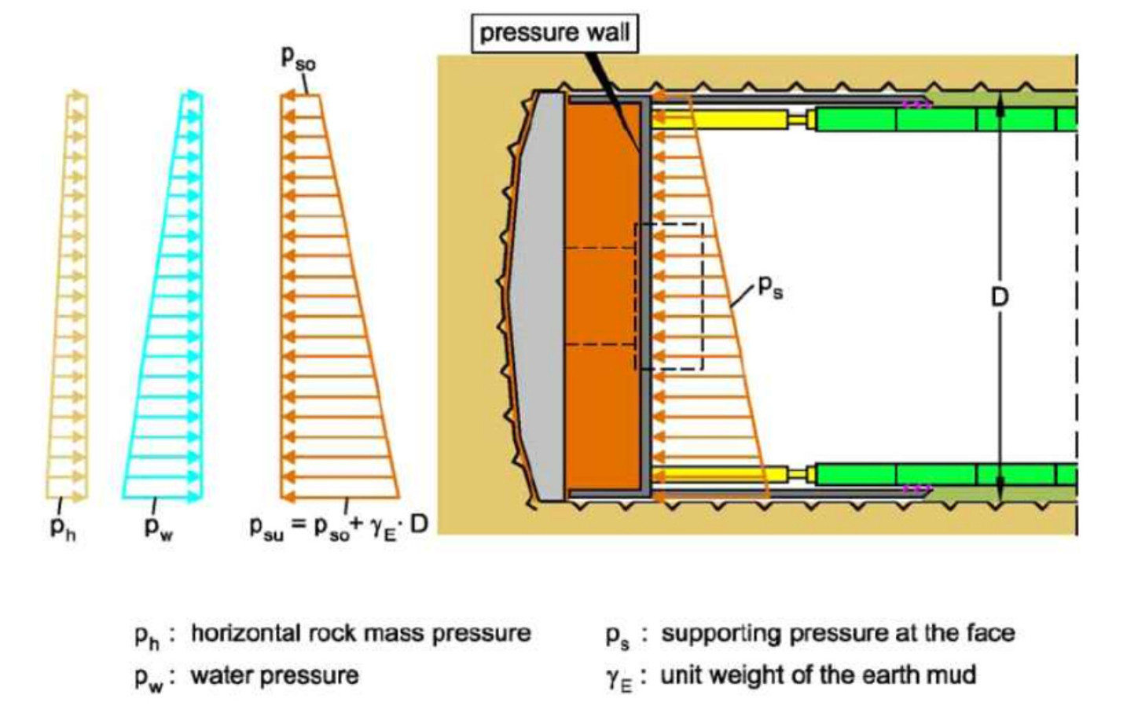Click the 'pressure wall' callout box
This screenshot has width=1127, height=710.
pyautogui.click(x=555, y=33)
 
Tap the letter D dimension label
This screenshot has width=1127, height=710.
pyautogui.click(x=999, y=297)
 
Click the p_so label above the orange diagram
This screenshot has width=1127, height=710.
pyautogui.click(x=298, y=60)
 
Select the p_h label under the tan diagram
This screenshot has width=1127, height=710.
pyautogui.click(x=63, y=529)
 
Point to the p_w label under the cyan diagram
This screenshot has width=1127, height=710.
pyautogui.click(x=159, y=529)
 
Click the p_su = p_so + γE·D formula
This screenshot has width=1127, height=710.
pyautogui.click(x=339, y=528)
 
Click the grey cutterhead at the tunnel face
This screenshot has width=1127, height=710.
pyautogui.click(x=538, y=296)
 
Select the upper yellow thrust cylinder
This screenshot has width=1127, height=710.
pyautogui.click(x=719, y=120)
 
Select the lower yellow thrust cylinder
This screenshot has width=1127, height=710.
pyautogui.click(x=719, y=474)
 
